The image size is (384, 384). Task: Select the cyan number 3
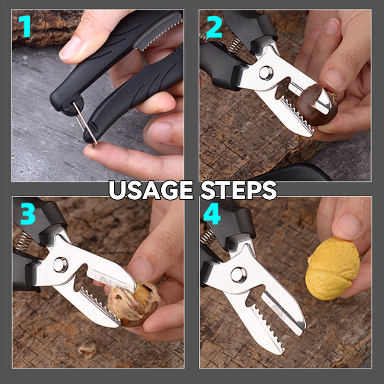[27, 215]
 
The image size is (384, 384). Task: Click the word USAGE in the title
[150, 190]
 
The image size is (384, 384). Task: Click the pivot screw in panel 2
[265, 73]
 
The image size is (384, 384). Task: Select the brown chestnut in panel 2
[314, 105]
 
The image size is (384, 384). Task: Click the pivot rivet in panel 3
[60, 264]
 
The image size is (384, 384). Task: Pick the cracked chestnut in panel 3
[134, 302]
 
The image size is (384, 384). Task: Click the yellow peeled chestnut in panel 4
[332, 268]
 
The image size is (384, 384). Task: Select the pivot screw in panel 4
[239, 275]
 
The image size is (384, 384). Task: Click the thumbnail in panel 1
[71, 48]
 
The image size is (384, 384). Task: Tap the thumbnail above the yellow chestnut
[347, 226]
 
